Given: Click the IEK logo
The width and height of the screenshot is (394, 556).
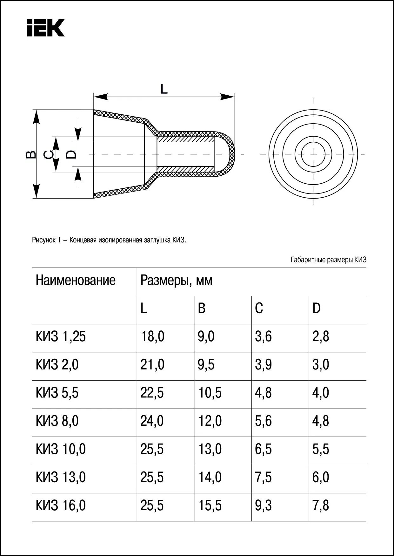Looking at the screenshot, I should pyautogui.click(x=46, y=28).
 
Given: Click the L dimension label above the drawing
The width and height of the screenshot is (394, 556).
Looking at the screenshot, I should pyautogui.click(x=164, y=89).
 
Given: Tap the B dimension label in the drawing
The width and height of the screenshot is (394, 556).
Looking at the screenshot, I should pyautogui.click(x=30, y=154).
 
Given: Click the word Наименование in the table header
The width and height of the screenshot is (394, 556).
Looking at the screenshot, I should pyautogui.click(x=76, y=281).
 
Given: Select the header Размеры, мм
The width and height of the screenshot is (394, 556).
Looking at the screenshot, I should pyautogui.click(x=176, y=281).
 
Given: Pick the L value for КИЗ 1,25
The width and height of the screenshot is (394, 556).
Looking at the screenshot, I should pyautogui.click(x=152, y=336).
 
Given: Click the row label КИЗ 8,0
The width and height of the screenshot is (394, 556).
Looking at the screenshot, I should pyautogui.click(x=57, y=421).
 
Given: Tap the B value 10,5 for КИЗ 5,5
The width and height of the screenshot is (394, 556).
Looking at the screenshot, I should pyautogui.click(x=210, y=393).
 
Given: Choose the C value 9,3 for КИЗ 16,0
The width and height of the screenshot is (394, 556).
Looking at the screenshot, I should pyautogui.click(x=263, y=505).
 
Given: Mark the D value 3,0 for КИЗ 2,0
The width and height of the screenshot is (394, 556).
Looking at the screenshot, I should pyautogui.click(x=321, y=365).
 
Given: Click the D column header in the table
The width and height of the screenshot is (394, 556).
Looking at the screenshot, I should pyautogui.click(x=317, y=308).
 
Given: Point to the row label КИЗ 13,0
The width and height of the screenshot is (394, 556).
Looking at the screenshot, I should pyautogui.click(x=61, y=477).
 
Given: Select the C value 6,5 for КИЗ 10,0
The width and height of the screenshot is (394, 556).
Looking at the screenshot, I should pyautogui.click(x=263, y=449).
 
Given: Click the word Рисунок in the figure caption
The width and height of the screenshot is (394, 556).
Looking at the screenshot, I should pyautogui.click(x=44, y=240).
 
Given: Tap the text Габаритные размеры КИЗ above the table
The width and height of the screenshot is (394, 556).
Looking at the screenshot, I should pyautogui.click(x=328, y=260).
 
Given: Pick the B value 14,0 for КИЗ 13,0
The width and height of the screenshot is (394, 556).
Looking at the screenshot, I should pyautogui.click(x=210, y=477).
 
